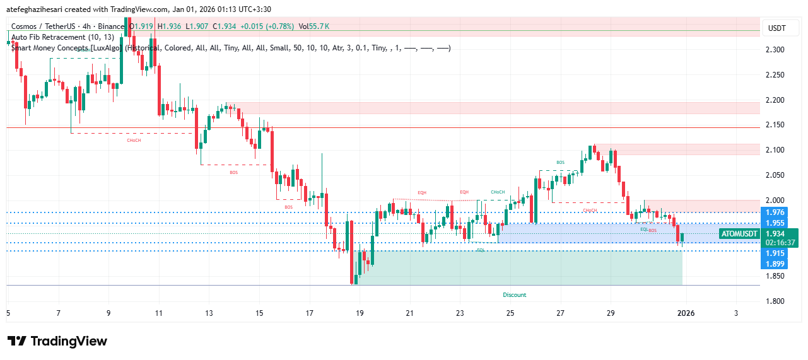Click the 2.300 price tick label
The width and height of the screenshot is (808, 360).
(x=775, y=50)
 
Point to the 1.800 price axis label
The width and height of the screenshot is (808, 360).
(x=775, y=301)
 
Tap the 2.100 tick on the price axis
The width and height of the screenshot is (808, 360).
(x=775, y=150)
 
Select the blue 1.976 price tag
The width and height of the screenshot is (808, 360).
(x=775, y=212)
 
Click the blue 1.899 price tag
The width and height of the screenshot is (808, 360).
(x=775, y=264)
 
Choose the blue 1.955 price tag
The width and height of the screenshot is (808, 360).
(x=775, y=223)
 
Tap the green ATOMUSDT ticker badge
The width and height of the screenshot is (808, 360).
(x=739, y=234)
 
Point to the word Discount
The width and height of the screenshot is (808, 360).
(x=514, y=295)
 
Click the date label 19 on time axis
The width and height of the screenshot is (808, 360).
(x=360, y=313)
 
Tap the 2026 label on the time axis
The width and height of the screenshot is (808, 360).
(x=686, y=313)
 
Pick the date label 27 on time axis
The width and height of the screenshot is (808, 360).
(x=561, y=313)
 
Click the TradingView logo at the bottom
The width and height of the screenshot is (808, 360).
(x=57, y=341)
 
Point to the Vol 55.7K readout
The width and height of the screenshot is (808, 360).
(x=314, y=26)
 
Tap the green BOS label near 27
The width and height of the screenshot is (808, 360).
(x=561, y=163)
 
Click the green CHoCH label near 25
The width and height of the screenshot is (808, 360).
(x=498, y=192)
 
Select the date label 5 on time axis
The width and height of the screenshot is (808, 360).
(x=8, y=313)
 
